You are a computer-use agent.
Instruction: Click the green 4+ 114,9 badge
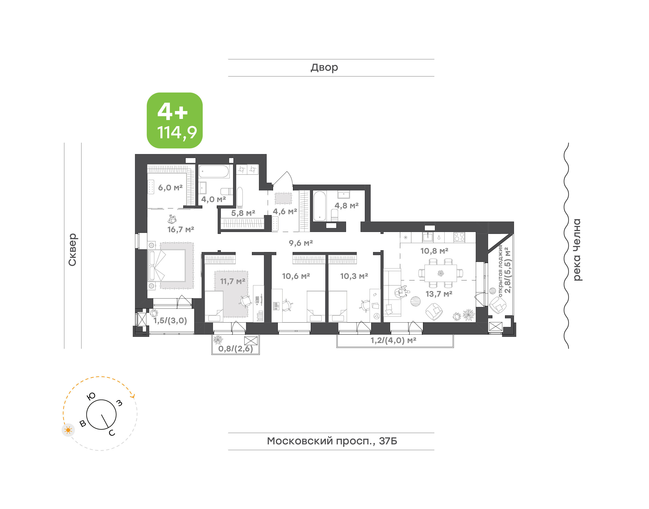(174, 120)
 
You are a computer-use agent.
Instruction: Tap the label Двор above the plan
(324, 68)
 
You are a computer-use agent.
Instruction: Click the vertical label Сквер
(72, 250)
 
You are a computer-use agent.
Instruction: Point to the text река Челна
(577, 250)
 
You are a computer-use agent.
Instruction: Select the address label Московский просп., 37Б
(332, 441)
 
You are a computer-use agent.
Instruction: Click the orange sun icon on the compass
(68, 430)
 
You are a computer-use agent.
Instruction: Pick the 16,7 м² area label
(181, 230)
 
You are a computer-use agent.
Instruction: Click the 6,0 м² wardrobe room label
(170, 188)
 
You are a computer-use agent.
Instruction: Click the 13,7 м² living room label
(439, 294)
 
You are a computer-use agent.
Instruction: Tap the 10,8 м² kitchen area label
(434, 251)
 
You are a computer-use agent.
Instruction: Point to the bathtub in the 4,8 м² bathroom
(320, 206)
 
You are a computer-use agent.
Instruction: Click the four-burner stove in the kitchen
(459, 237)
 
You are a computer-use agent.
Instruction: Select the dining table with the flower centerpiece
(441, 273)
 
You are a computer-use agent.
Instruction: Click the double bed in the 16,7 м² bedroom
(167, 266)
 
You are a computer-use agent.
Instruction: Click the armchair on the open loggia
(497, 304)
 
